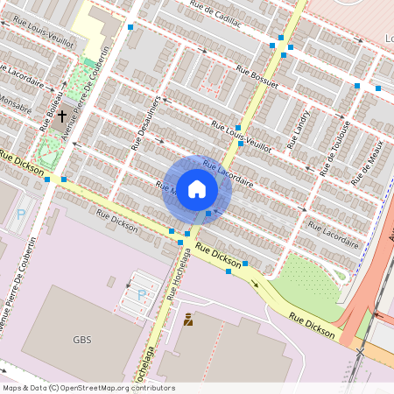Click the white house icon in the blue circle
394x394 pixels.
pyautogui.click(x=197, y=189)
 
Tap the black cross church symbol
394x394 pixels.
pyautogui.click(x=62, y=115)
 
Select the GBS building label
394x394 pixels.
pyautogui.click(x=82, y=340)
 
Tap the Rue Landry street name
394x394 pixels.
pyautogui.click(x=299, y=128)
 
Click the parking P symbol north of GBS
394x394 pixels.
pyautogui.click(x=142, y=294)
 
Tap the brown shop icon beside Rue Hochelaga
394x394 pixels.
pyautogui.click(x=188, y=320)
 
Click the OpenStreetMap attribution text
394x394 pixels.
pyautogui.click(x=88, y=388)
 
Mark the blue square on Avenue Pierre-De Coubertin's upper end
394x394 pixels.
pyautogui.click(x=130, y=28)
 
